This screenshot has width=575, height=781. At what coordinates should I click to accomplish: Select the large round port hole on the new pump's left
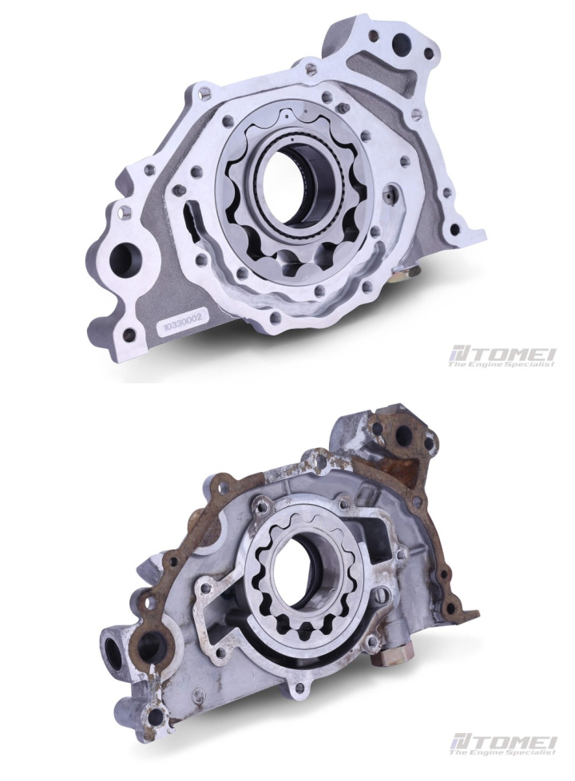(x=122, y=260)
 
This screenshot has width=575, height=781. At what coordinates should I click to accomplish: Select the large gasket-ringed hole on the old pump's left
(x=153, y=647)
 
